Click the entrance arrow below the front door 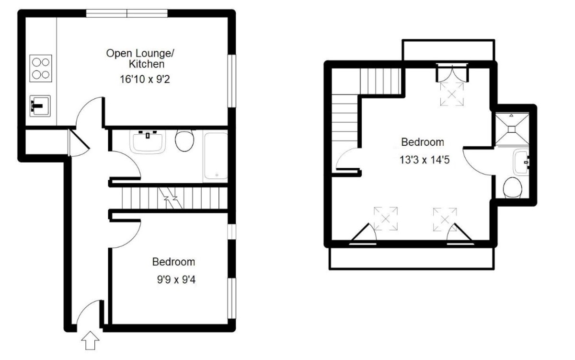click(91, 342)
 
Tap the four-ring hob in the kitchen click(41, 68)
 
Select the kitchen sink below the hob click(40, 105)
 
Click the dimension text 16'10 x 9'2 click(145, 79)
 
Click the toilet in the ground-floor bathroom click(184, 140)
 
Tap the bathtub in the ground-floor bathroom click(215, 156)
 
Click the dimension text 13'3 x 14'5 click(424, 160)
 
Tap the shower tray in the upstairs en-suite click(511, 128)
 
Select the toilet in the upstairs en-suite click(513, 187)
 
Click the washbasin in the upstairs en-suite click(521, 163)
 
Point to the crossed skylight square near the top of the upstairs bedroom click(452, 93)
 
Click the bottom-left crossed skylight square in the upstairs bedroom click(386, 218)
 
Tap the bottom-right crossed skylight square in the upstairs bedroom click(445, 219)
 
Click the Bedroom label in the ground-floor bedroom click(173, 262)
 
